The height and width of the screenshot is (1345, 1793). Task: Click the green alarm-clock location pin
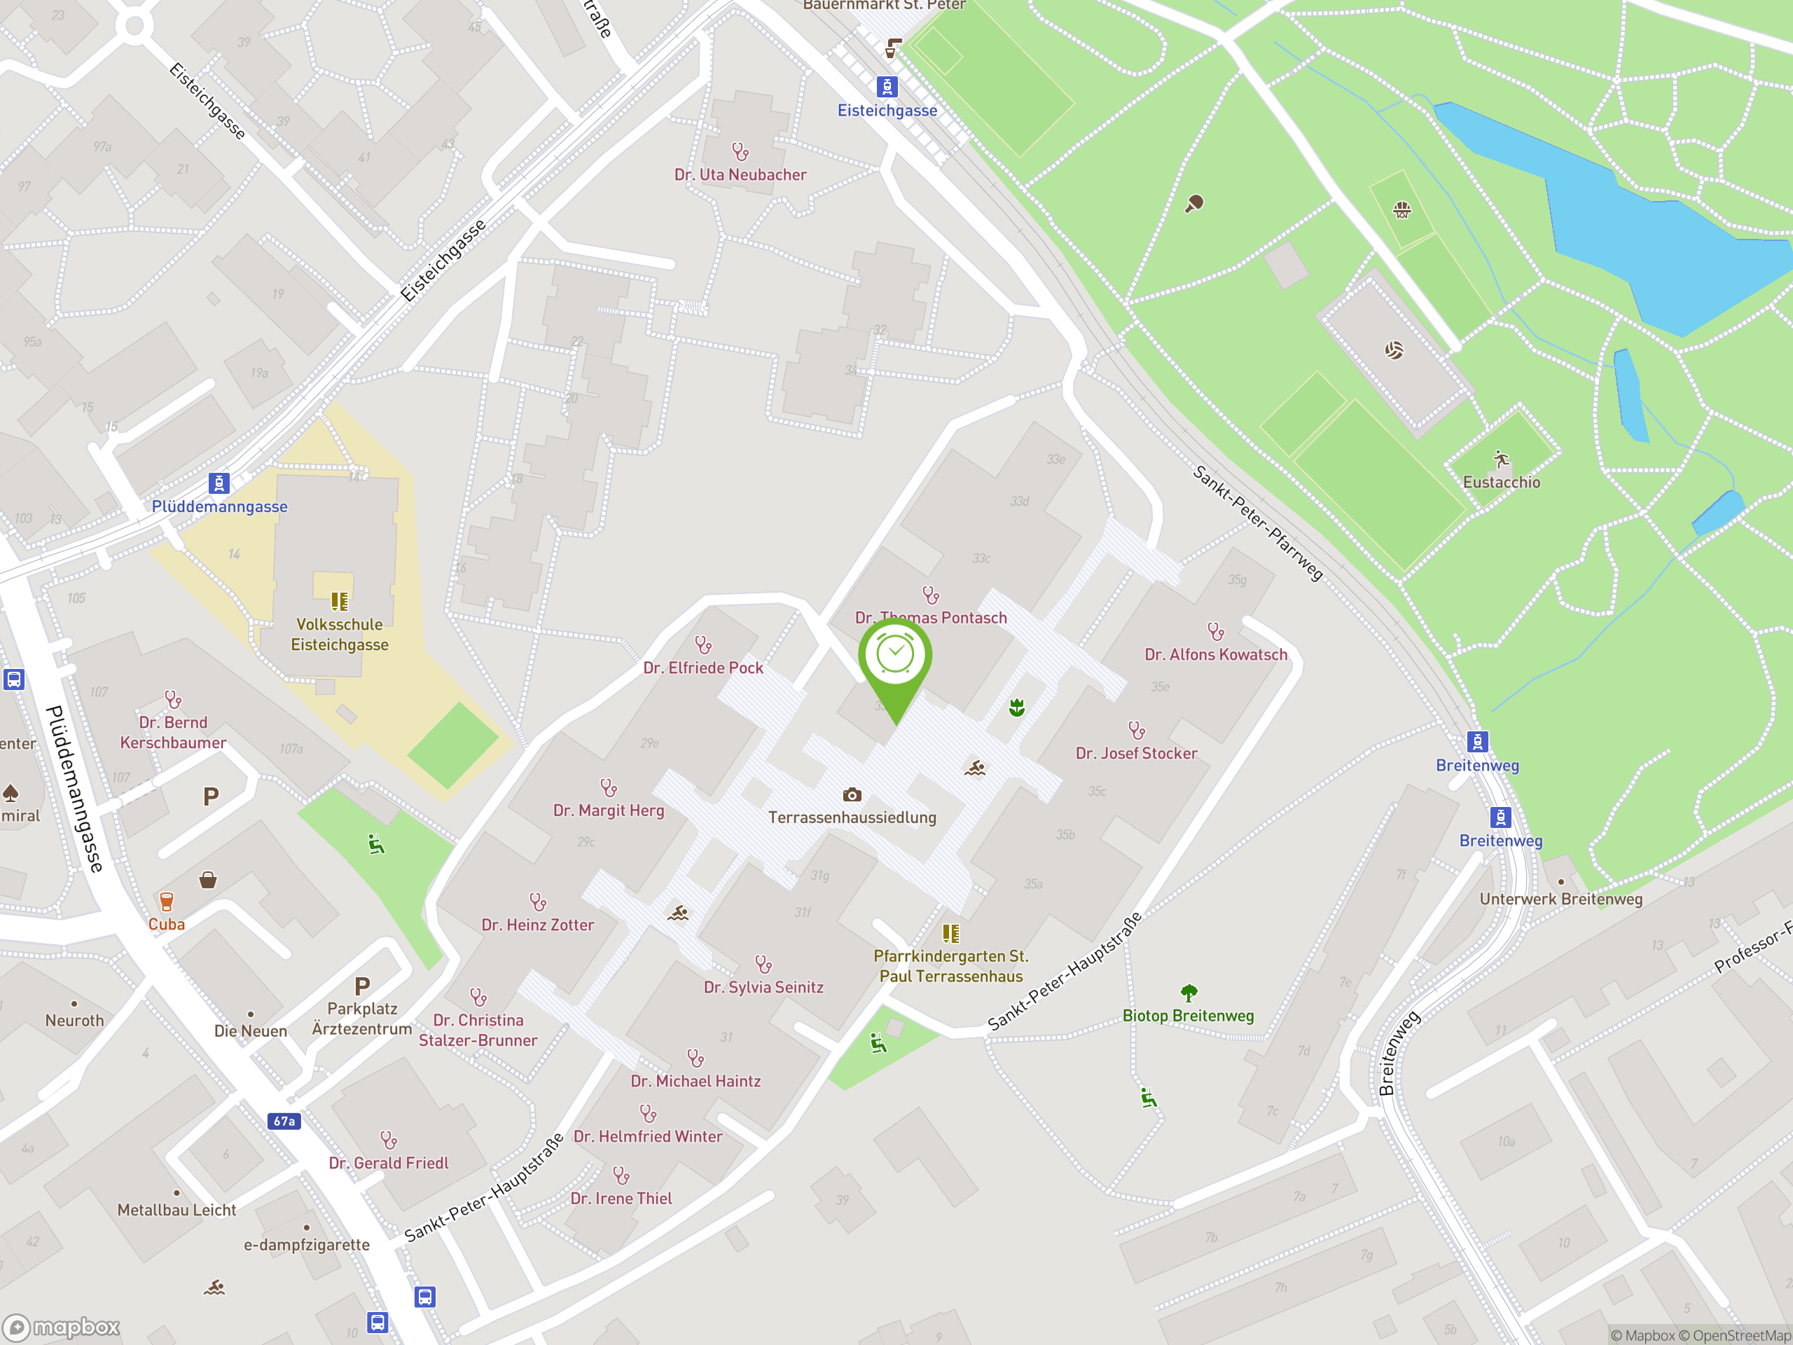[x=895, y=656]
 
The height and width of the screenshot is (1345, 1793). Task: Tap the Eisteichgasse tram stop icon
[x=887, y=87]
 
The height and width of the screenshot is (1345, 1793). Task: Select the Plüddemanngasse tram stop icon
[x=219, y=483]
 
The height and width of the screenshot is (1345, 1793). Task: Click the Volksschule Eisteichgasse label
[x=340, y=635]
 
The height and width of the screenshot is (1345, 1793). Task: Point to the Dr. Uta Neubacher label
[x=740, y=175]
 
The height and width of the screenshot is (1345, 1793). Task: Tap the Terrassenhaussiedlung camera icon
[x=852, y=794]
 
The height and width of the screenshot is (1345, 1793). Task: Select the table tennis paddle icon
[x=1194, y=203]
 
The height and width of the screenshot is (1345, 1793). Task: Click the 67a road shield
[x=284, y=1122]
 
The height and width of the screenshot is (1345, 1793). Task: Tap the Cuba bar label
[x=166, y=924]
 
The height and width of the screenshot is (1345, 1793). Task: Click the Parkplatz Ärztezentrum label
[x=362, y=1019]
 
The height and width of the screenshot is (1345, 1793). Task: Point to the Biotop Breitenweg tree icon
[x=1189, y=993]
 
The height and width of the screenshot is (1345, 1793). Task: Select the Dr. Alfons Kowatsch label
[x=1216, y=655]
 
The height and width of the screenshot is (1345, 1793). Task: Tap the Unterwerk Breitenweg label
[x=1560, y=899]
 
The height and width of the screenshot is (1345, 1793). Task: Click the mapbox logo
[x=62, y=1327]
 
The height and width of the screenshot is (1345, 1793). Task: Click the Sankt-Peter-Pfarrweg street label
[x=1257, y=523]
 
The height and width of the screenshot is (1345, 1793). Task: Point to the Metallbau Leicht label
[x=176, y=1210]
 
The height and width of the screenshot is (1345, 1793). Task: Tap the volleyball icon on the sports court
[x=1393, y=350]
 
